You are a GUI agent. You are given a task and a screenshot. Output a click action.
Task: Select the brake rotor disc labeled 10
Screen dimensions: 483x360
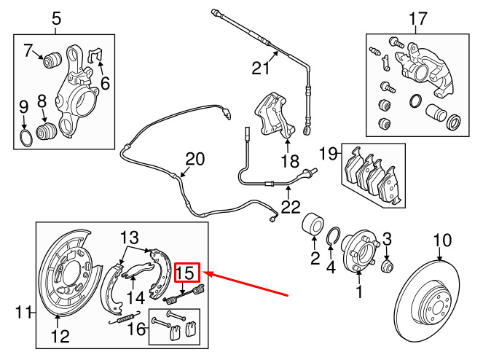coord(427,301)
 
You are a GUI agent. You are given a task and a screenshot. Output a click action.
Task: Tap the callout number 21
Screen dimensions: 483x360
coord(261,68)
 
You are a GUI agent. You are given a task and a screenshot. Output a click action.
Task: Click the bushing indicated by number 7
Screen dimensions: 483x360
coord(52,60)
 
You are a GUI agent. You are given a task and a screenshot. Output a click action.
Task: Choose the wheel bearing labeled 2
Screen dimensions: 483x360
coord(313,224)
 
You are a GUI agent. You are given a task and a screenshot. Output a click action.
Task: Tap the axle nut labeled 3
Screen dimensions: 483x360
coord(387,266)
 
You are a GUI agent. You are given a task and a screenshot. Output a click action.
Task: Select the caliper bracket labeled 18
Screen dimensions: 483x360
coord(274,116)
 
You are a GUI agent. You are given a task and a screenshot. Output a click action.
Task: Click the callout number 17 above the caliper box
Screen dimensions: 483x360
coord(417,18)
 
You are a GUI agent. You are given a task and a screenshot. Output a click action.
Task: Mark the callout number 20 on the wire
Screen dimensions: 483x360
coord(195,159)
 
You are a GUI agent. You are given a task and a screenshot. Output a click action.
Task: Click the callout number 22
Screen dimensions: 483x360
coord(291,207)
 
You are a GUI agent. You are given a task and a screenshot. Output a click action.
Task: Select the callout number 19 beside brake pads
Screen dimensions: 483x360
coord(328,154)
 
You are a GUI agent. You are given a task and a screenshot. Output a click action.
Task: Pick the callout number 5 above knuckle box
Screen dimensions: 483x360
coord(56,18)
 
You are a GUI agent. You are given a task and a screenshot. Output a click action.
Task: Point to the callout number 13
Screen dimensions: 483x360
coord(129,238)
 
